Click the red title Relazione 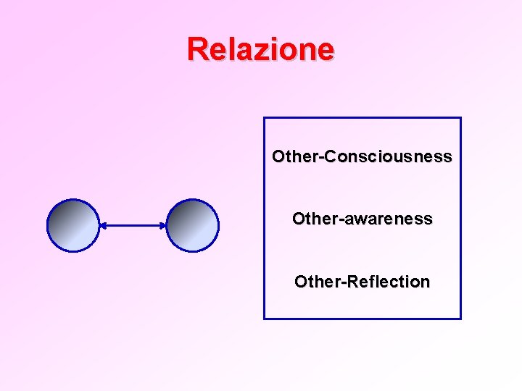pyautogui.click(x=260, y=49)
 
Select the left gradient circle pyautogui.click(x=72, y=225)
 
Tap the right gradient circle pyautogui.click(x=192, y=225)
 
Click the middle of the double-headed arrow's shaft pyautogui.click(x=133, y=226)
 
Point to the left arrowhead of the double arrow pyautogui.click(x=102, y=226)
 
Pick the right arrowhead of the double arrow pyautogui.click(x=163, y=226)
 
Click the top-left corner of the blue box pyautogui.click(x=264, y=118)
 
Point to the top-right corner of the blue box pyautogui.click(x=460, y=118)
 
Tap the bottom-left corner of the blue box pyautogui.click(x=264, y=318)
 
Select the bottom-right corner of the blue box pyautogui.click(x=460, y=318)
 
